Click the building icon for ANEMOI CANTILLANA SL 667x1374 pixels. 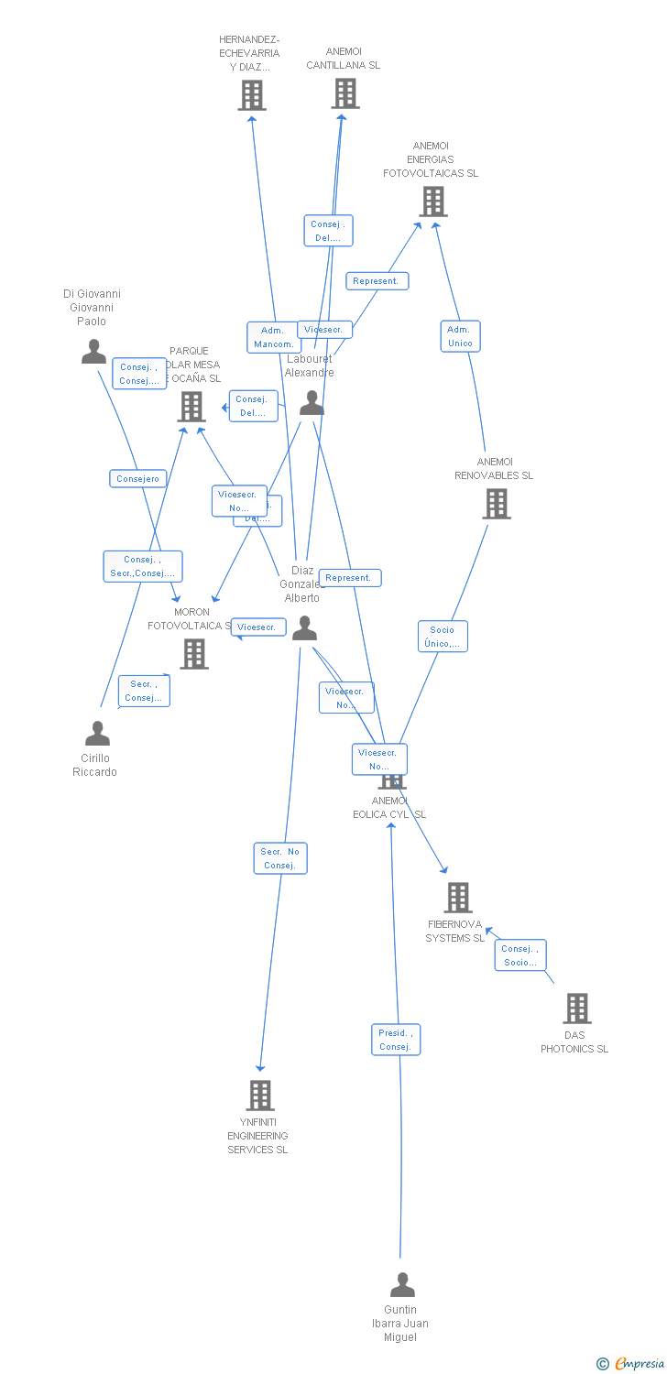point(345,93)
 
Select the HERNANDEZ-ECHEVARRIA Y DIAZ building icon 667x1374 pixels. point(252,95)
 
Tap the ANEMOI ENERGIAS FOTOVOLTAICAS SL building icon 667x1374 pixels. point(432,202)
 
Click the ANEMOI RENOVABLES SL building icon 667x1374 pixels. point(496,504)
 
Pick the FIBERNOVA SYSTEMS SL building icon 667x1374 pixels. point(458,898)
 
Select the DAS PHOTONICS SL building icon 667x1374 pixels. point(576,1009)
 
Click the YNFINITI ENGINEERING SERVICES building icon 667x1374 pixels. point(260,1096)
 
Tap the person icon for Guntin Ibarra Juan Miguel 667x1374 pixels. point(402,1285)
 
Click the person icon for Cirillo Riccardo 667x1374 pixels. point(97,734)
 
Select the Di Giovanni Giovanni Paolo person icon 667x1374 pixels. point(93,352)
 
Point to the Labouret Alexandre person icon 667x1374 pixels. point(312,403)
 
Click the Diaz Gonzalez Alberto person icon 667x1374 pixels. point(304,628)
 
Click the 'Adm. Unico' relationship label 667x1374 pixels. point(460,336)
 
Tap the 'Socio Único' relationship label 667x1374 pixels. point(443,637)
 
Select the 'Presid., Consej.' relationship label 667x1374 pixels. point(396,1040)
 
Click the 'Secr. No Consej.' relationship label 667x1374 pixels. point(280,858)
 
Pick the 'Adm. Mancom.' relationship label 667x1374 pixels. point(273,337)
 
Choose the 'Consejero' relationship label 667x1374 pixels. point(138,478)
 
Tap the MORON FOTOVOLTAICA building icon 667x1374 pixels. point(193,654)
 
